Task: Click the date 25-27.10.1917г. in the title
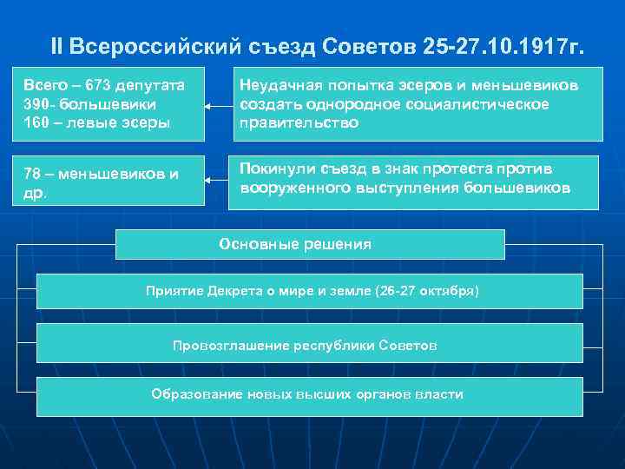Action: click(505, 45)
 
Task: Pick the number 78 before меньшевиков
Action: click(32, 173)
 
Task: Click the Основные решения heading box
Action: click(309, 245)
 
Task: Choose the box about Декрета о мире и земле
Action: click(309, 291)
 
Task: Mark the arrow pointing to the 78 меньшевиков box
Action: click(214, 181)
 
